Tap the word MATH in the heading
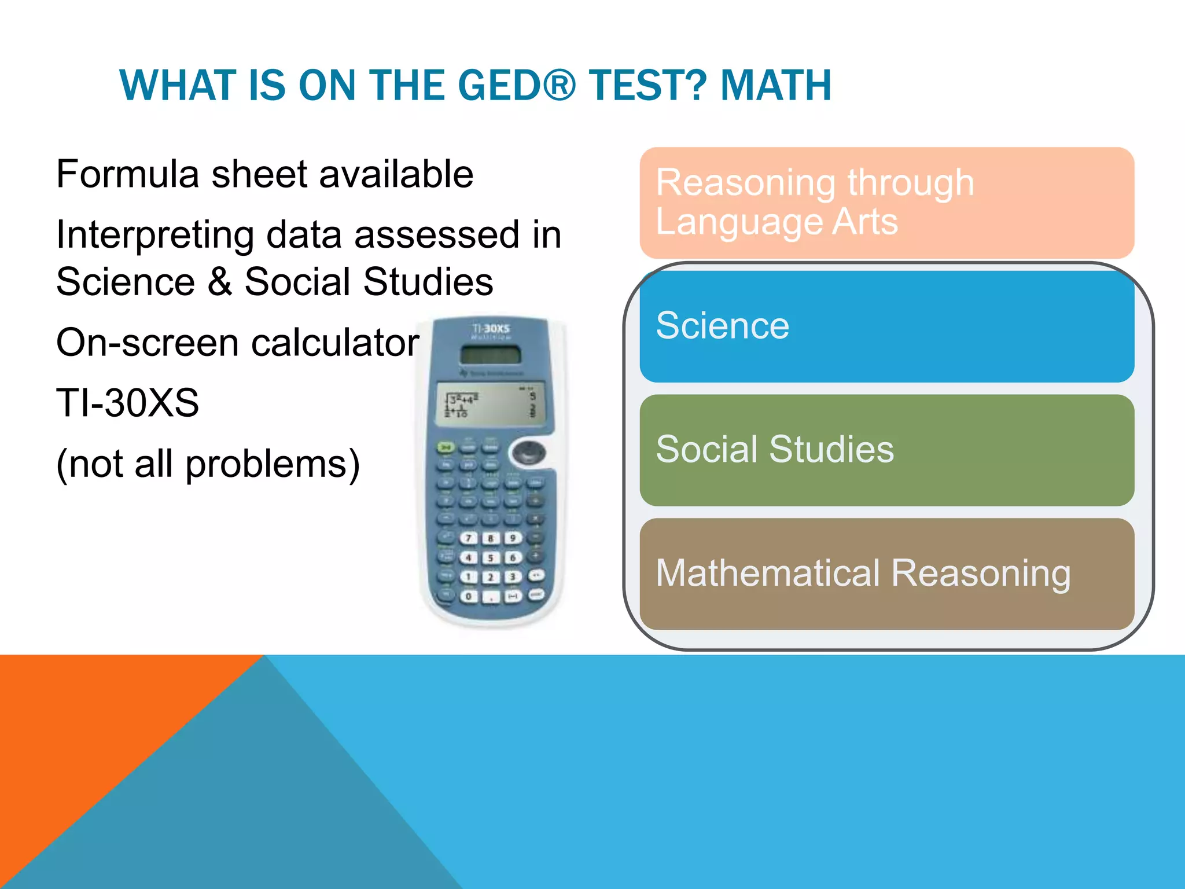tap(775, 85)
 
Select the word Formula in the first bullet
tap(127, 174)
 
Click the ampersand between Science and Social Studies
tap(220, 282)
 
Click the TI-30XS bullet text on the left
tap(127, 403)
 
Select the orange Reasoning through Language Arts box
tap(886, 203)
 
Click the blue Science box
tap(886, 326)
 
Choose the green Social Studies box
tap(886, 450)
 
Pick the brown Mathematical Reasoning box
tap(886, 574)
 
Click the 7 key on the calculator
tap(469, 538)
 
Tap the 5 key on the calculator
tap(491, 558)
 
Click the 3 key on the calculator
tap(512, 577)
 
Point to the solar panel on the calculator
tap(491, 354)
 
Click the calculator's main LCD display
tap(491, 404)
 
